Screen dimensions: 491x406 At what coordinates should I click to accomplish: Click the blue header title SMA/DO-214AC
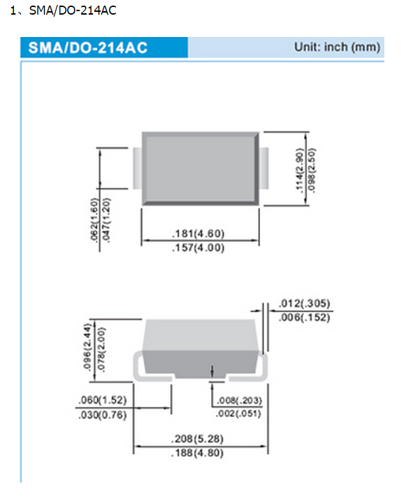pos(88,48)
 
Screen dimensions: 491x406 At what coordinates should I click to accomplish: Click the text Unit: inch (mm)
pos(338,47)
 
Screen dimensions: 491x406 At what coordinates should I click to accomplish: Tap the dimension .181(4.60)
pos(198,234)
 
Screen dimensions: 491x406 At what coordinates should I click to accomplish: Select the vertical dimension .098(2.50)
pos(312,170)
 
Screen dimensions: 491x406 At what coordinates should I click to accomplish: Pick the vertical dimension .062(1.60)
pos(94,220)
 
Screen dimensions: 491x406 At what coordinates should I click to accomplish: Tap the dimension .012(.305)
pos(304,303)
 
